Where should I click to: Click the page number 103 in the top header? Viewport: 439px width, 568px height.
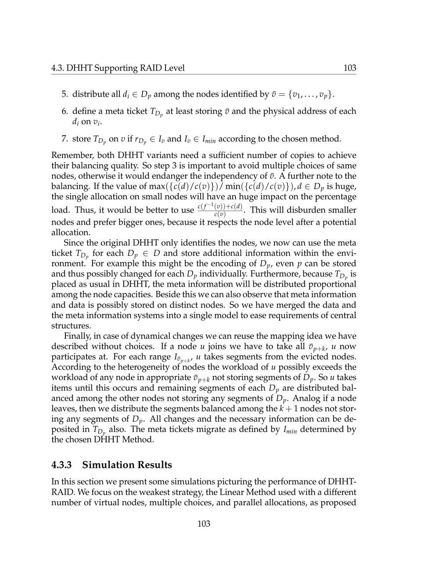pyautogui.click(x=349, y=68)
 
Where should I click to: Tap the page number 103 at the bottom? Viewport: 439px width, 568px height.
pyautogui.click(x=204, y=524)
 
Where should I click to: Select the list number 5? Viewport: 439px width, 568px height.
pyautogui.click(x=65, y=94)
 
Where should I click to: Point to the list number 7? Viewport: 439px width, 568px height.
pyautogui.click(x=65, y=139)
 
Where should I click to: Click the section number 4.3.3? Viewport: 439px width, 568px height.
pyautogui.click(x=61, y=465)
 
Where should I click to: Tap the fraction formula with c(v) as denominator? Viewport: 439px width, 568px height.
pyautogui.click(x=219, y=210)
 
